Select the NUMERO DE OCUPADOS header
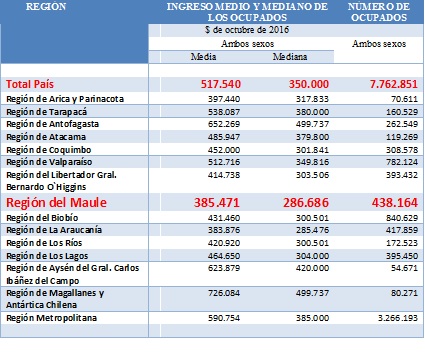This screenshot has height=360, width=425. [381, 12]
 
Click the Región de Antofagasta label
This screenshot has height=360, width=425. [52, 125]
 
